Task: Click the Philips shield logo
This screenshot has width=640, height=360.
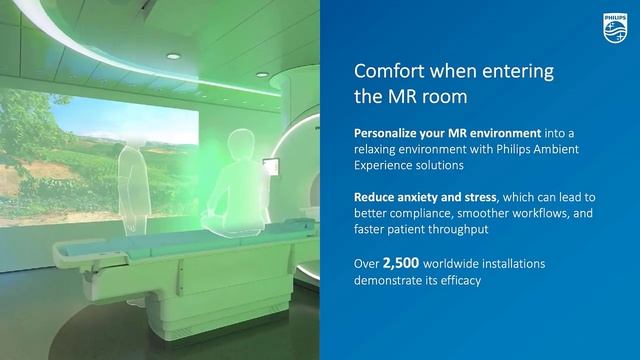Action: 612,27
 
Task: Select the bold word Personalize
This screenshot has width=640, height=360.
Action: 391,133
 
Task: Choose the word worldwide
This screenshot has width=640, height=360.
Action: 454,265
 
